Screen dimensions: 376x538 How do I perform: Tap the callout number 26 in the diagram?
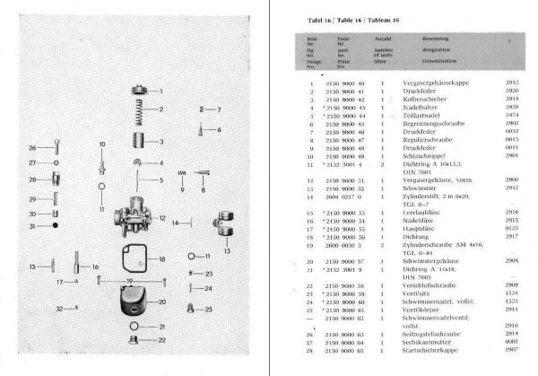pyautogui.click(x=32, y=147)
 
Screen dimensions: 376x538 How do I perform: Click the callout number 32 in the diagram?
pyautogui.click(x=61, y=308)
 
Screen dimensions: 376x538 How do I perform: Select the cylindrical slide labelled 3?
pyautogui.click(x=138, y=143)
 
